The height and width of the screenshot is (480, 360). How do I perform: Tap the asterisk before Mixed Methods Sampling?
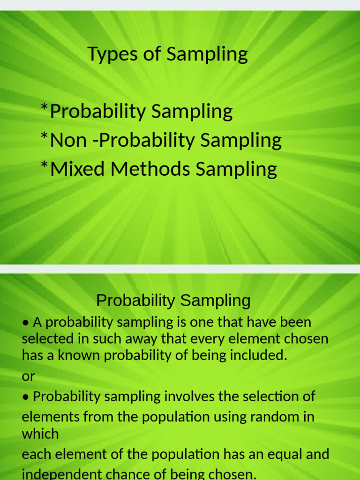(x=45, y=167)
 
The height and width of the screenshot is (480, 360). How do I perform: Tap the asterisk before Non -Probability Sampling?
(x=45, y=138)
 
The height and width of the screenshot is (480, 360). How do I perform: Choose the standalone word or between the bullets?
(x=28, y=376)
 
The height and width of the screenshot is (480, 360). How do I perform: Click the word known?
(x=79, y=355)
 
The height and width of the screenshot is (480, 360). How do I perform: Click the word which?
(x=40, y=434)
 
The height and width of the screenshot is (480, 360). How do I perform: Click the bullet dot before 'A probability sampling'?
(x=26, y=323)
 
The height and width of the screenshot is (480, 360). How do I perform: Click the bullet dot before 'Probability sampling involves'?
(x=26, y=397)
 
